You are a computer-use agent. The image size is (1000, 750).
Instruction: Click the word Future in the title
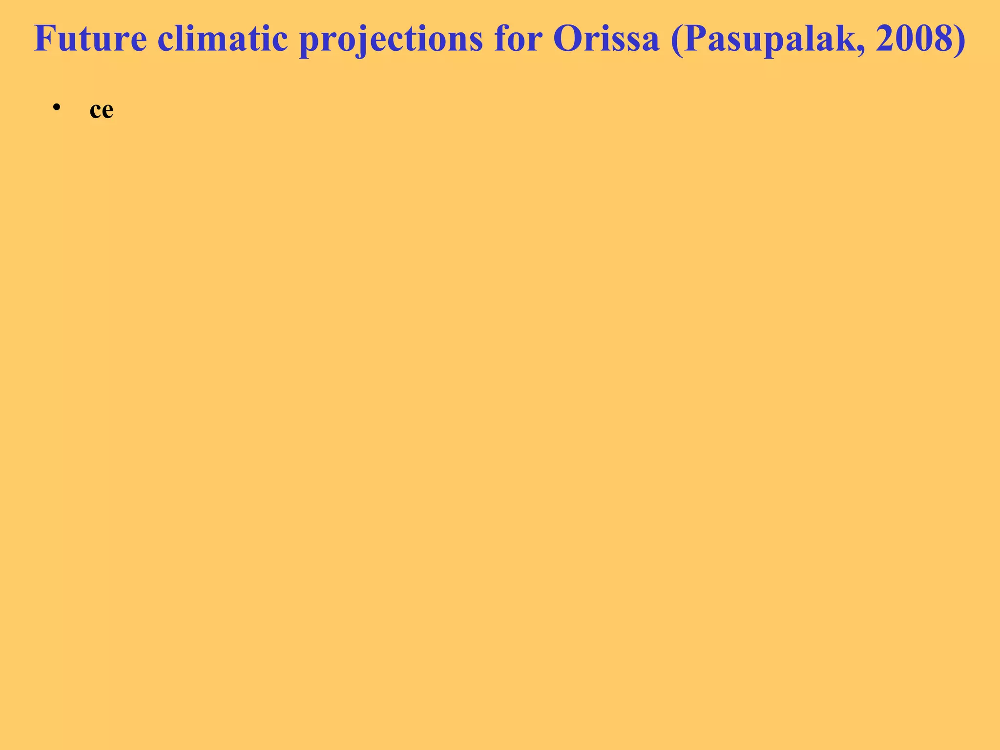pos(90,39)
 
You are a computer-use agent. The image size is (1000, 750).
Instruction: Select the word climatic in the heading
pos(222,39)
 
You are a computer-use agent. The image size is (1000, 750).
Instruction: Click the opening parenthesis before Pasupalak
pos(676,40)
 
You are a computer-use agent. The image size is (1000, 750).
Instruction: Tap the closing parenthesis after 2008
pos(958,40)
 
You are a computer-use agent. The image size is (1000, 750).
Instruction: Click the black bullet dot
pos(57,107)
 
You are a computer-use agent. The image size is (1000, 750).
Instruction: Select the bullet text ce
pos(101,110)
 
